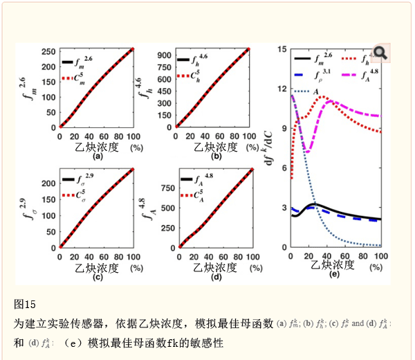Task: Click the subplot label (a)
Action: pyautogui.click(x=98, y=156)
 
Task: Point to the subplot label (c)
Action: pyautogui.click(x=98, y=277)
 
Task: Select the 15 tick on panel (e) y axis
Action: pyautogui.click(x=282, y=49)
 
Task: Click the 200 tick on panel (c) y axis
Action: pyautogui.click(x=48, y=183)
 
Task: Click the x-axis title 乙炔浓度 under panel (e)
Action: pyautogui.click(x=333, y=265)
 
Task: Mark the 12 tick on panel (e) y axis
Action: pyautogui.click(x=282, y=89)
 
